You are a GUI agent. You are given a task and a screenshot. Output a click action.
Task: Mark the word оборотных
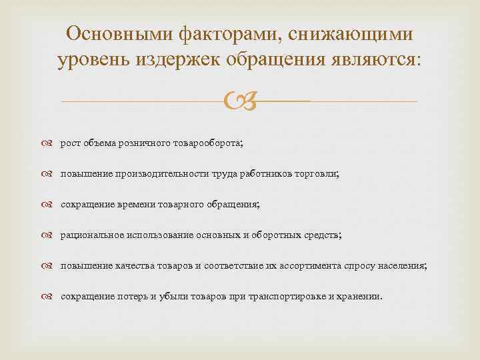point(280,235)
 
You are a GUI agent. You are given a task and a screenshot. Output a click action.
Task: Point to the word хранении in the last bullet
point(360,296)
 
